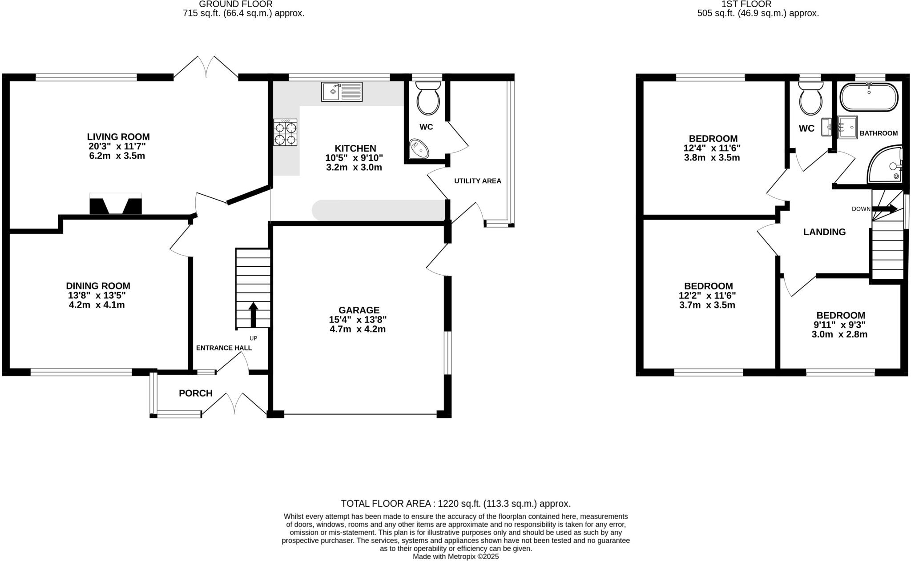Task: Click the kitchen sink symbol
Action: click(342, 92)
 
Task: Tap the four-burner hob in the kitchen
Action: click(285, 132)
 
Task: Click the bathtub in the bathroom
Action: click(869, 97)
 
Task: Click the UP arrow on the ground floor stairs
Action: click(253, 314)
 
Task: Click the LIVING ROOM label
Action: click(118, 137)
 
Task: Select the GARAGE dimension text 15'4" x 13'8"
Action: click(358, 320)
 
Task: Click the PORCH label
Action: click(196, 393)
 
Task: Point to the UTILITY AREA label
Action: click(477, 181)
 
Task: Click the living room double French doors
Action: click(206, 67)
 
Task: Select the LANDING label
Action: click(824, 232)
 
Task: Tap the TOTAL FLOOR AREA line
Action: click(455, 504)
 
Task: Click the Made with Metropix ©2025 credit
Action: click(455, 557)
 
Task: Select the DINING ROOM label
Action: click(98, 286)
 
